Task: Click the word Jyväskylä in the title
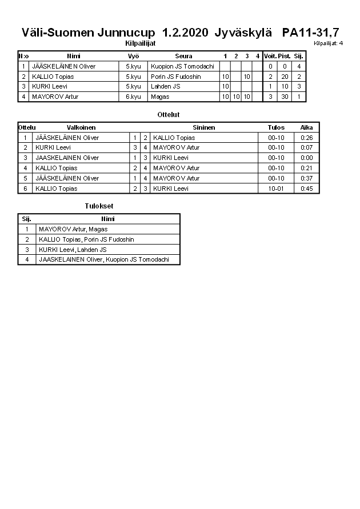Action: [243, 33]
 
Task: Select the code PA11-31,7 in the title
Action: [310, 33]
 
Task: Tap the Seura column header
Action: [183, 56]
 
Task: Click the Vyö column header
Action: [133, 56]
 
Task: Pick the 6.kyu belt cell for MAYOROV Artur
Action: [133, 97]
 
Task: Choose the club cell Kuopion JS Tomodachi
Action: [182, 66]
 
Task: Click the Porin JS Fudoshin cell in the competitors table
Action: [176, 77]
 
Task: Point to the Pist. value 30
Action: [284, 97]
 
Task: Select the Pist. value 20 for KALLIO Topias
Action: [284, 77]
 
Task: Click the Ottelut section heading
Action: [169, 115]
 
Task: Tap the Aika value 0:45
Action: [307, 189]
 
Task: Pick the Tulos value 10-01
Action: [276, 189]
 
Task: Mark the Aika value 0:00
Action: [307, 158]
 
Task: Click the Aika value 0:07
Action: [307, 147]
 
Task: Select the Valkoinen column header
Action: [81, 127]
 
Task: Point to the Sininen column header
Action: [203, 127]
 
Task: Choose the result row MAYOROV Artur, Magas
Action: [73, 229]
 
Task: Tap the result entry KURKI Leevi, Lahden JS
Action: [73, 250]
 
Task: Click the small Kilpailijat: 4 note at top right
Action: [328, 43]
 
